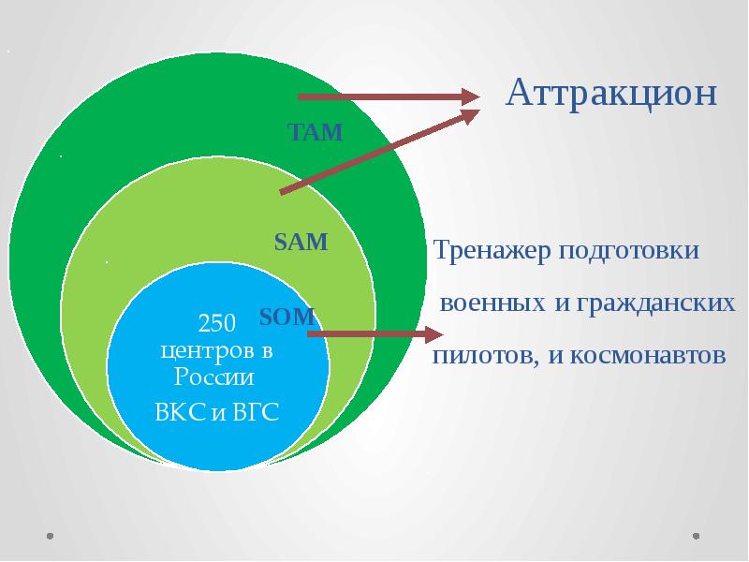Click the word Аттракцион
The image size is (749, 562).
click(x=612, y=94)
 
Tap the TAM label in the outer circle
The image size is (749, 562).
click(x=316, y=132)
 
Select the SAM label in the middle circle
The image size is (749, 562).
click(x=301, y=243)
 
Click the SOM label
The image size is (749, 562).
click(x=286, y=318)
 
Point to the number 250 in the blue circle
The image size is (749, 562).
click(x=216, y=324)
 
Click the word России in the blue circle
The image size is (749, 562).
click(x=213, y=378)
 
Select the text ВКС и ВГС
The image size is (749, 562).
click(x=216, y=413)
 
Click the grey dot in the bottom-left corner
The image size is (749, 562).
click(x=50, y=537)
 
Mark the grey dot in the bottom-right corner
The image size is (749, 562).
click(x=697, y=537)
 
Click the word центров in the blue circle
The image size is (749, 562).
click(x=207, y=352)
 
